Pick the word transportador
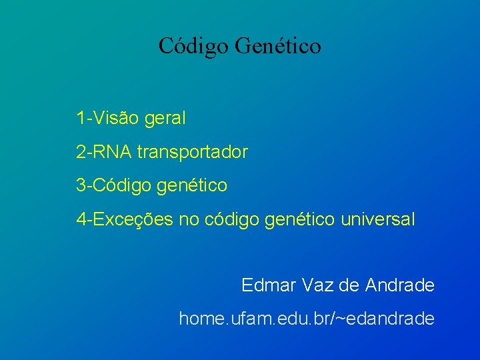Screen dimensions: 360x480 192,153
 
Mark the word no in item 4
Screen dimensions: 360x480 190,219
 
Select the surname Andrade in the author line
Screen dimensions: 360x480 400,285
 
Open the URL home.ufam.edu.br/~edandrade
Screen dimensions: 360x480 307,319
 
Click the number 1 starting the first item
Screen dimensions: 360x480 80,119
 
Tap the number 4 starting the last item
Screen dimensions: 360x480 81,219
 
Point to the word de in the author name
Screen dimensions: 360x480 349,285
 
